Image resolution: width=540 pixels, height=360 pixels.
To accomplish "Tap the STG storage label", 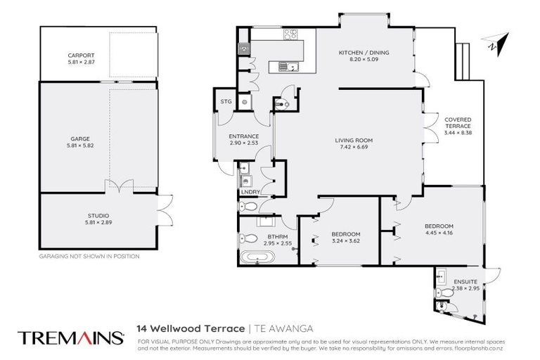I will [225, 101].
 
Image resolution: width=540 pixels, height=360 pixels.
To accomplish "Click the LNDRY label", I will [248, 191].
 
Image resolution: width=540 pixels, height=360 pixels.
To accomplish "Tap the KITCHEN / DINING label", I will [363, 53].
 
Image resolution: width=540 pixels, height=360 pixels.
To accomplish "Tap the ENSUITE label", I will [462, 281].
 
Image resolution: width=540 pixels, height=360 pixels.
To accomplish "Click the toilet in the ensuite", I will [441, 292].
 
